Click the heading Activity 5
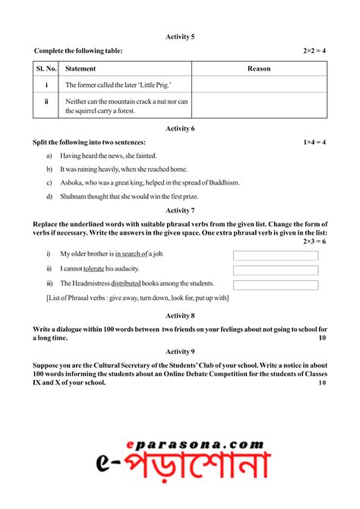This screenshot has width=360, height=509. [x=180, y=36]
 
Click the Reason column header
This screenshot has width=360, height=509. [x=259, y=68]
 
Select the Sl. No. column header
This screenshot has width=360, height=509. [x=46, y=68]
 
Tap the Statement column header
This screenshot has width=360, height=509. [x=81, y=68]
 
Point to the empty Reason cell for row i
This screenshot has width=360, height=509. [x=259, y=84]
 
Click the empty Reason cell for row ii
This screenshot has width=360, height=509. [x=259, y=106]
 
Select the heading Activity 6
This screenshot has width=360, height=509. [x=180, y=128]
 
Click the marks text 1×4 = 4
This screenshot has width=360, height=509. [x=314, y=142]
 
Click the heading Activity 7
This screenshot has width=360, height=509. [x=180, y=210]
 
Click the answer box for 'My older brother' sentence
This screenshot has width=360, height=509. [x=276, y=255]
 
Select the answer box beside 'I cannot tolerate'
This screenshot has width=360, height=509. [x=276, y=270]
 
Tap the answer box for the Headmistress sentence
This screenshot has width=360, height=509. [x=276, y=285]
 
